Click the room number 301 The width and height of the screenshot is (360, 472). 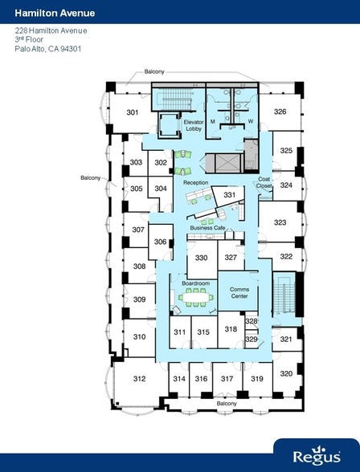(x=133, y=112)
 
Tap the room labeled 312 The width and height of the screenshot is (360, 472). (x=139, y=378)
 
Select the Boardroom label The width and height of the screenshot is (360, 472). (x=196, y=283)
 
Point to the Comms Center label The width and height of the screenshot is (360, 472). (x=239, y=292)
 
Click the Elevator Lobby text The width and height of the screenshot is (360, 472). (x=193, y=125)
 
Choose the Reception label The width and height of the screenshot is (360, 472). (x=195, y=182)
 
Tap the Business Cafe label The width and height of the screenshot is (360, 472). (x=207, y=228)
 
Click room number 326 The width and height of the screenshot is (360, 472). (x=280, y=112)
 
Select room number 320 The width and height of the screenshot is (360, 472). (x=286, y=373)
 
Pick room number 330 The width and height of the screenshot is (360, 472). (x=201, y=258)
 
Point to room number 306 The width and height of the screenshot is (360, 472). (x=160, y=242)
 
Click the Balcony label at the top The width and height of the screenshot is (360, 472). (x=154, y=72)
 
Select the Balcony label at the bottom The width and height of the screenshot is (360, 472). (x=226, y=403)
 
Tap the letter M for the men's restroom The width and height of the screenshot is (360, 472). (x=213, y=121)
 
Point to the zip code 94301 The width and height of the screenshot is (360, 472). (x=70, y=48)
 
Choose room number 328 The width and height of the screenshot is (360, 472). (x=252, y=321)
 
